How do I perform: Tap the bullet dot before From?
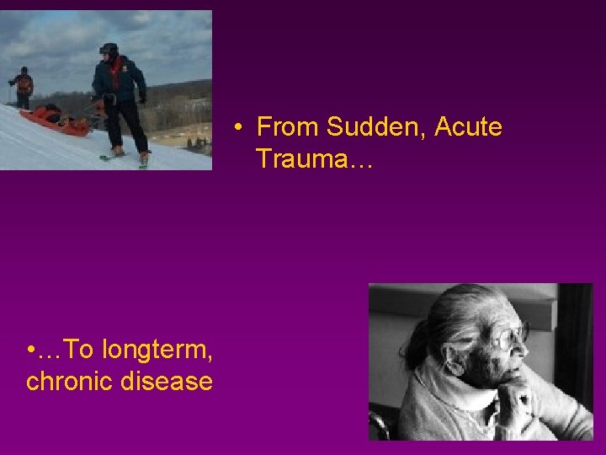point(240,128)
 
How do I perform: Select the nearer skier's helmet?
point(109,48)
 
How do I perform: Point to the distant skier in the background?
point(23,85)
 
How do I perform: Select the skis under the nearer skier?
point(118,157)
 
